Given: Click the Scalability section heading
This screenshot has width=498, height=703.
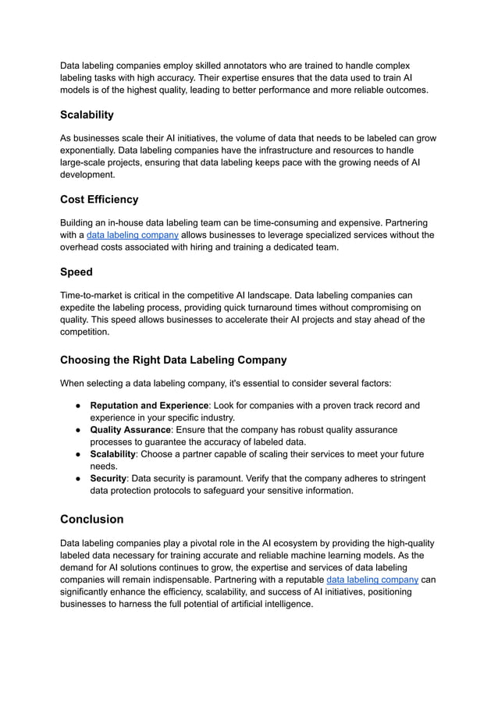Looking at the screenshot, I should [87, 115].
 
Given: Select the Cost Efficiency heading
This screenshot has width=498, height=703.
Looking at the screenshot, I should [98, 199].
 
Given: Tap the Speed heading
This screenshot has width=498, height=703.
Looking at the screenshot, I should [76, 272].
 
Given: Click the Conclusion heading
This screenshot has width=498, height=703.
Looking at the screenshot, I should [91, 519].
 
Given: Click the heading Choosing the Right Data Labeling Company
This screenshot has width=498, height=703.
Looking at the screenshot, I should [173, 360].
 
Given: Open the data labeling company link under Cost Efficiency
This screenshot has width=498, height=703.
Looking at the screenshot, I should [132, 235].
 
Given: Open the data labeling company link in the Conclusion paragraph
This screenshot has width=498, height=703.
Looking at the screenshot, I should [372, 580].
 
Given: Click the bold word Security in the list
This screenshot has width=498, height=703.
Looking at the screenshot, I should [108, 478].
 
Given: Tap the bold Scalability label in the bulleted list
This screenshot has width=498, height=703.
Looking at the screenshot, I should [113, 454].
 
